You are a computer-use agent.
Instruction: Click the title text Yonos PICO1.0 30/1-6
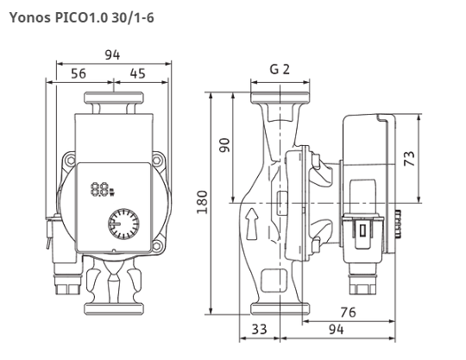(x=82, y=18)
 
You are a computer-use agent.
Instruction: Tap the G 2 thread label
(x=280, y=69)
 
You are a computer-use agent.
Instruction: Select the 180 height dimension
(x=202, y=202)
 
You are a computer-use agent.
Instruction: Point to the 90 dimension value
(x=225, y=145)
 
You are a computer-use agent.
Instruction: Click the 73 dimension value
(x=410, y=159)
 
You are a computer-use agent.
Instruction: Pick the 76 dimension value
(x=348, y=313)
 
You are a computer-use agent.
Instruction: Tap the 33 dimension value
(x=260, y=330)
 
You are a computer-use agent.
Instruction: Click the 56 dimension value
(x=79, y=73)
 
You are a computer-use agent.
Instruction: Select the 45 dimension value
(x=137, y=73)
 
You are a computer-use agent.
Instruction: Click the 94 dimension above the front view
(x=112, y=55)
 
